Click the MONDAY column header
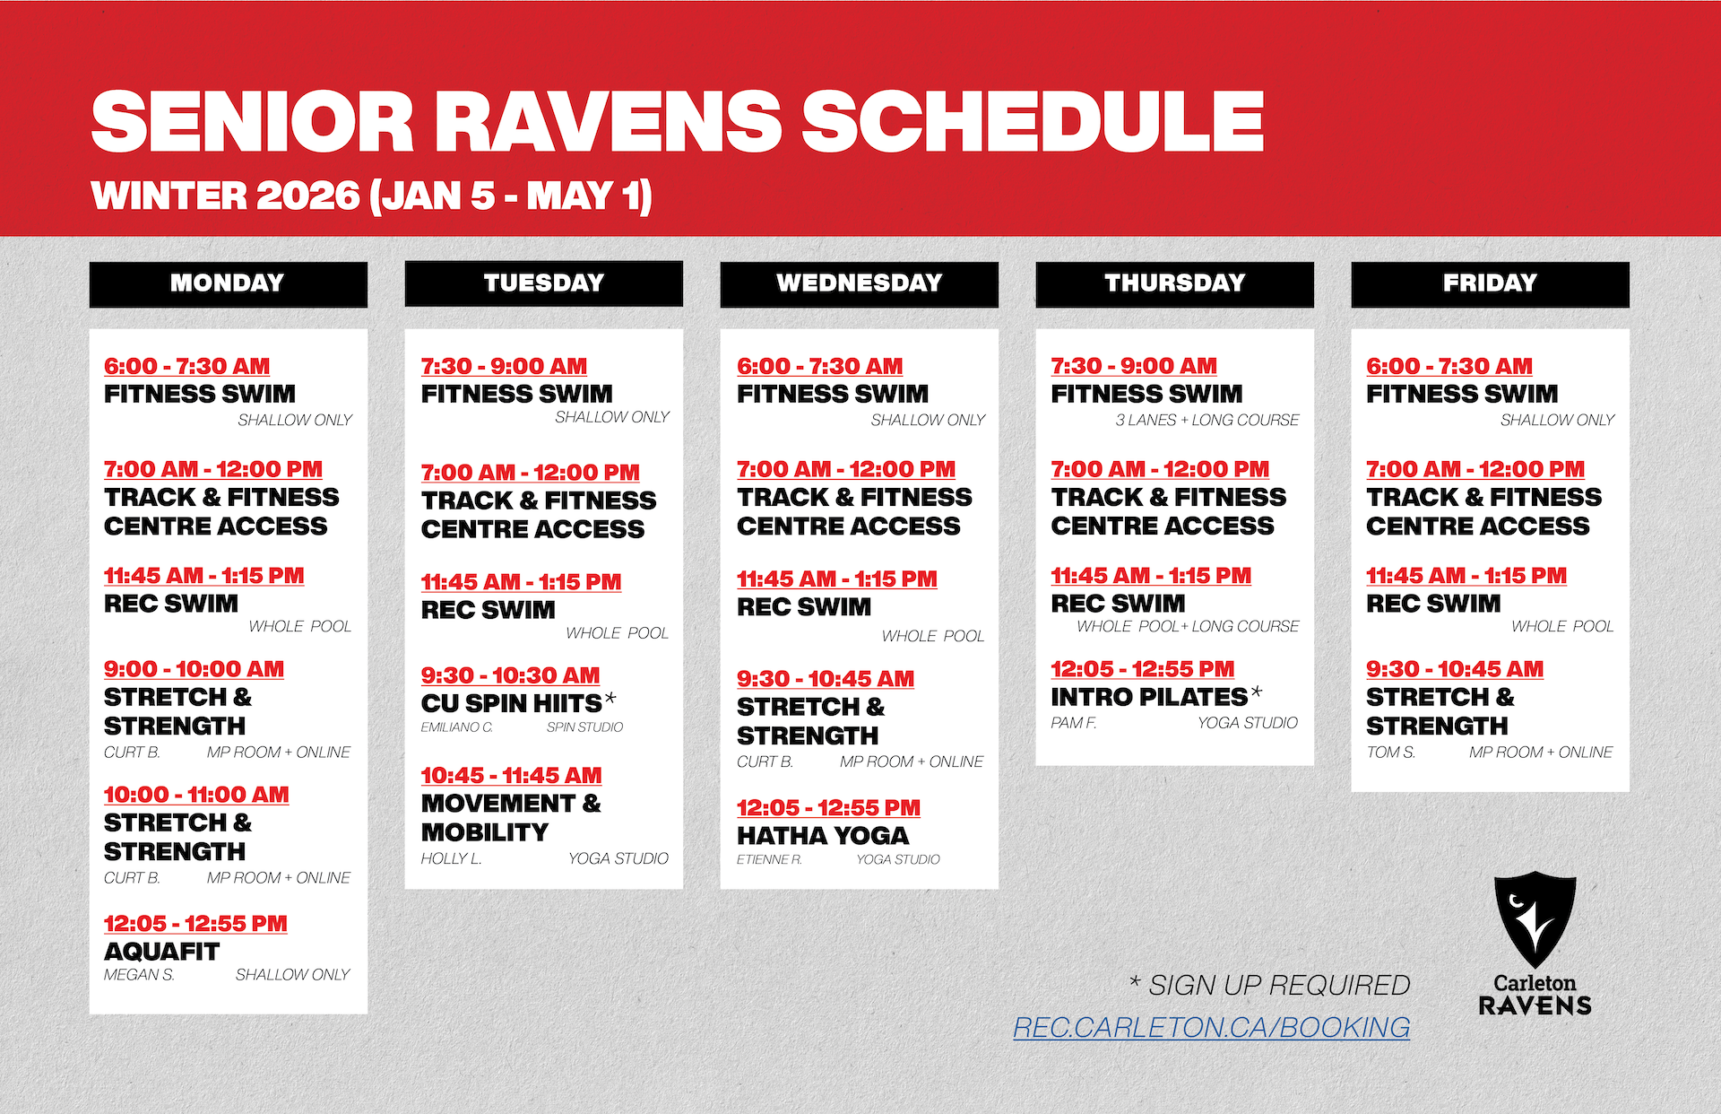click(x=228, y=283)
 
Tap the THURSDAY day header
click(x=1174, y=283)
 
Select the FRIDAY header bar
click(x=1490, y=283)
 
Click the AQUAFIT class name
click(x=161, y=952)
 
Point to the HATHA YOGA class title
click(x=823, y=836)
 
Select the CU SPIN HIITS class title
click(x=512, y=703)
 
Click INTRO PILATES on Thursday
click(x=1149, y=697)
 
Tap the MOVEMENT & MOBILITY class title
click(x=511, y=817)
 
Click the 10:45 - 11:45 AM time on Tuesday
click(x=511, y=776)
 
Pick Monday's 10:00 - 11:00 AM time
click(x=196, y=795)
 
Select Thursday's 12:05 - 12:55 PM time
click(x=1142, y=669)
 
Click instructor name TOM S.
click(x=1390, y=753)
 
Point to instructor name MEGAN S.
click(x=139, y=975)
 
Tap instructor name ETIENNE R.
click(x=769, y=859)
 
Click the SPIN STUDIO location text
click(x=584, y=727)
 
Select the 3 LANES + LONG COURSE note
click(x=1206, y=420)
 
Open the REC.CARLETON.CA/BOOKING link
click(x=1211, y=1027)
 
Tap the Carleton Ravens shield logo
click(x=1535, y=919)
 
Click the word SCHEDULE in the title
click(x=1032, y=122)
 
